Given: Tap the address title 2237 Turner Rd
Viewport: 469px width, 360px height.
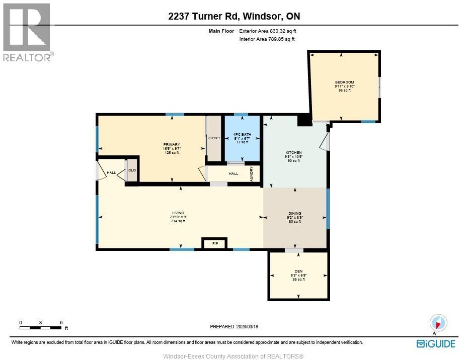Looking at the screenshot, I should pos(234,16).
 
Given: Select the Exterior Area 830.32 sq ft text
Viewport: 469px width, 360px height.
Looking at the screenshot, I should pos(271,31).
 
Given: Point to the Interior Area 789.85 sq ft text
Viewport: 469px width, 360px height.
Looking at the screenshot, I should pos(267,39).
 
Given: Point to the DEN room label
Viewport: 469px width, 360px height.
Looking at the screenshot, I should pos(298,275).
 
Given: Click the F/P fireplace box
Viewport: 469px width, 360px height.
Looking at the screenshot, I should pos(215,244).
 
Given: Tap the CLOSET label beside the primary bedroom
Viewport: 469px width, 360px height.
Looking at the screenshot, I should pos(214,138).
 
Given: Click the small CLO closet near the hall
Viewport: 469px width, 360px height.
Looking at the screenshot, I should pos(132,170).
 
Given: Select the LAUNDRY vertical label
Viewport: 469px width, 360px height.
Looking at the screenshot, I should pos(251,173).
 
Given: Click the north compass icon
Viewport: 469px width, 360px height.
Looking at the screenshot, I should pos(438,323).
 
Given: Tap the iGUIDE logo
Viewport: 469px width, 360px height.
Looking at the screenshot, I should pos(436,344).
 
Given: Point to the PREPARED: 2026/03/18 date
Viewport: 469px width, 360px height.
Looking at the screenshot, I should pos(234,326).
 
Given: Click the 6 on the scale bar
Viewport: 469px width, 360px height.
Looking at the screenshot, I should pos(61,322).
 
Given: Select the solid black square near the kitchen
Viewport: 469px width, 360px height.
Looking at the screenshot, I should pos(304,121).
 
